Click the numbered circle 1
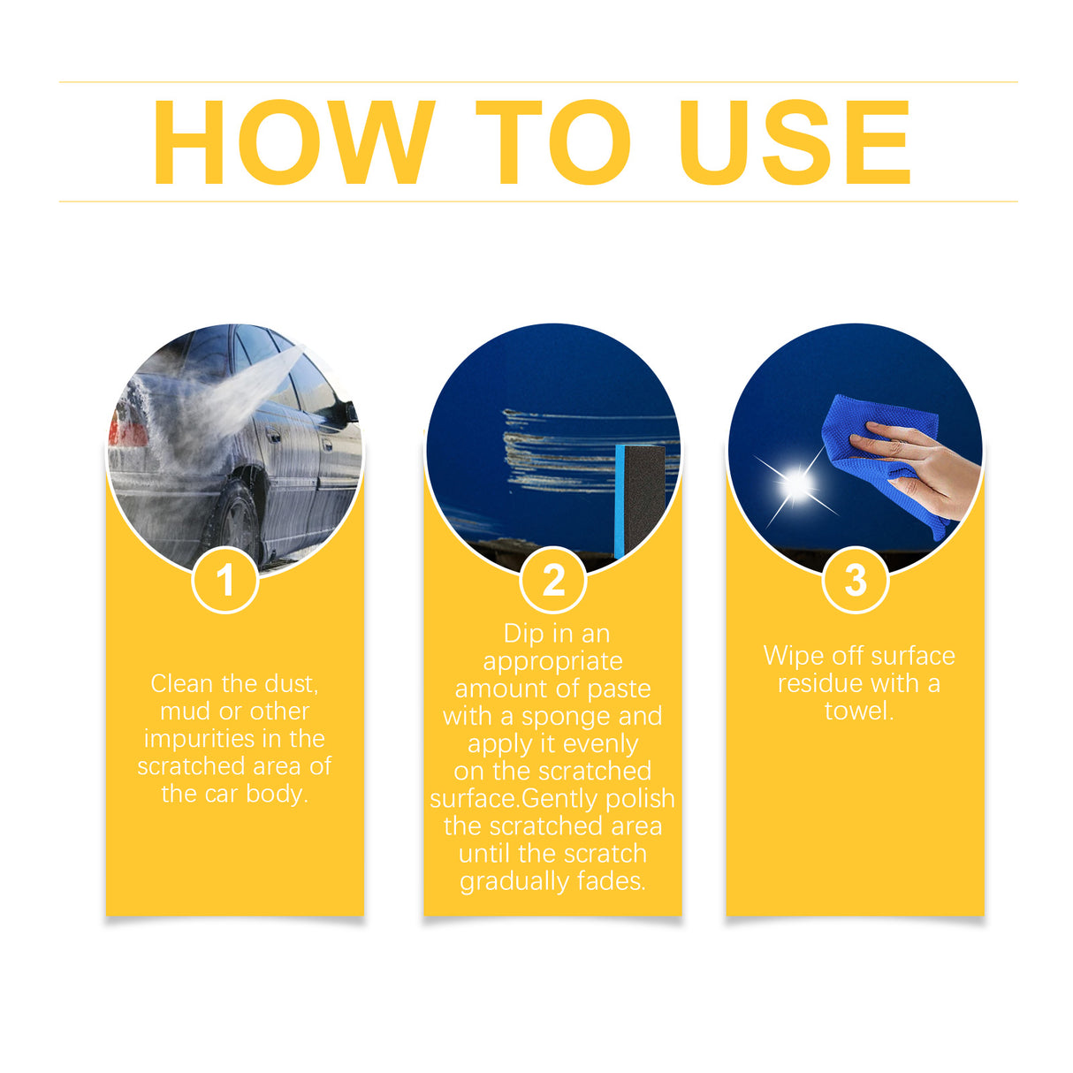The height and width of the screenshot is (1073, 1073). click(225, 581)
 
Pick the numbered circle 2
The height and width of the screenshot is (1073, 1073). click(553, 581)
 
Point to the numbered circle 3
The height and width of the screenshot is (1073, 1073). click(855, 581)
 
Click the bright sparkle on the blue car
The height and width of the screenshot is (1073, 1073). click(796, 483)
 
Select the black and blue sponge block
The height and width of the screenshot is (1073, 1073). click(639, 499)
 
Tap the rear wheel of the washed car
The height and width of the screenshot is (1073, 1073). click(234, 521)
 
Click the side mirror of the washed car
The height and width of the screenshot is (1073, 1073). click(349, 412)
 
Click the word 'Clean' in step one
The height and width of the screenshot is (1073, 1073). click(182, 683)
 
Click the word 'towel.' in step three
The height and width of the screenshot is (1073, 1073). click(858, 711)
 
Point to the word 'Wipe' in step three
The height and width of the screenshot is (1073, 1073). click(791, 656)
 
